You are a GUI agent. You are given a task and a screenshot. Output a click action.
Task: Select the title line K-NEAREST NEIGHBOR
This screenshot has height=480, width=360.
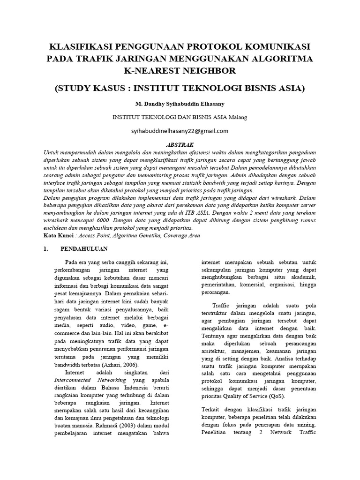point(180,71)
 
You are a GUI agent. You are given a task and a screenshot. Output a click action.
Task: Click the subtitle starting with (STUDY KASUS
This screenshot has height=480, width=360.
point(180,88)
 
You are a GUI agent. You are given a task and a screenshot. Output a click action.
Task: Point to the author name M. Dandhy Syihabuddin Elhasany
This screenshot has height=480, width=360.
point(180,103)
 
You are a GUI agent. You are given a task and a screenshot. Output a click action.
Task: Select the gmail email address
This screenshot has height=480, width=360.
point(180,131)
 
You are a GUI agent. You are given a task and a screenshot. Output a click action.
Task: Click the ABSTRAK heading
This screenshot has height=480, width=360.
point(180,145)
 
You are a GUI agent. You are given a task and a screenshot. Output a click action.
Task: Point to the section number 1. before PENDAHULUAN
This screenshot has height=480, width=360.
point(46,249)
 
